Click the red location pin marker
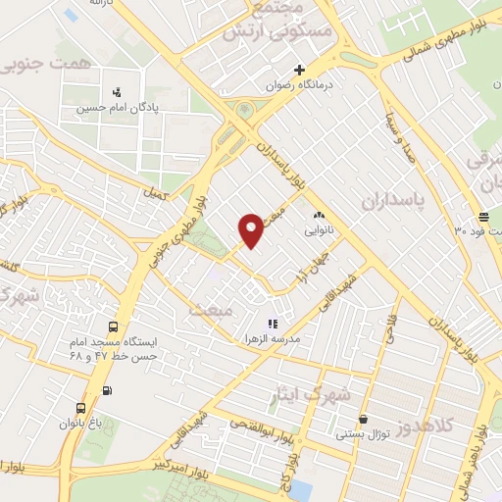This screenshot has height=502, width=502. point(251,229)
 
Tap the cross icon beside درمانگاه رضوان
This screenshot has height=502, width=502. point(301,70)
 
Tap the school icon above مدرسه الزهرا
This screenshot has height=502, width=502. point(273,323)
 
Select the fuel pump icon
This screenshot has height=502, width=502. point(107,390)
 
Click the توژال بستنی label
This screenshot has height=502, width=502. point(364,433)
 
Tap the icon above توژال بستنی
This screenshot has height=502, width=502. point(364,418)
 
